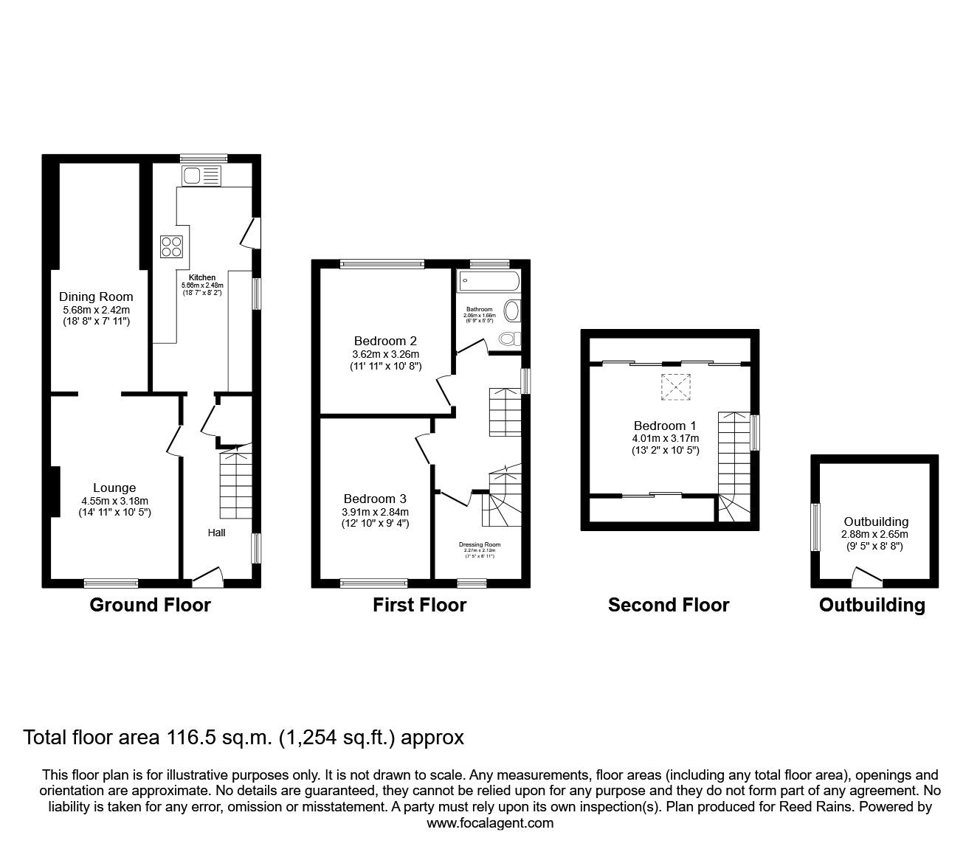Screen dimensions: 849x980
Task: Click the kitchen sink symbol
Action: coord(201,176)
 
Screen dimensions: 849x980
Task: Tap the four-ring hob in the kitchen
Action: coord(172,246)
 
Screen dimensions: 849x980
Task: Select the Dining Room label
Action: coord(96,297)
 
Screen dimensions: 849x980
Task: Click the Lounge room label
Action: coord(114,488)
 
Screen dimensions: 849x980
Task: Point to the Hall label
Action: coord(216,532)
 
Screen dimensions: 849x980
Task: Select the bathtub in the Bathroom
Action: coord(489,280)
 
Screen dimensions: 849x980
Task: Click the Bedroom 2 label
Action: coord(385,341)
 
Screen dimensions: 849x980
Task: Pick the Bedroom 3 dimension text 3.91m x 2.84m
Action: coord(375,512)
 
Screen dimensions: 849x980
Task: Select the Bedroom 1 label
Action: coord(664,426)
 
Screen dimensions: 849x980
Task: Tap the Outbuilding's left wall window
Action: coord(816,526)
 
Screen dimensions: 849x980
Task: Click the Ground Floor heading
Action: coord(150,606)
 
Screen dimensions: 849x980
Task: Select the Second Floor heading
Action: coord(668,606)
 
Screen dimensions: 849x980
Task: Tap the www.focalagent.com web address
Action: coord(489,823)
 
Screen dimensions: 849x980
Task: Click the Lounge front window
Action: coord(111,583)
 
